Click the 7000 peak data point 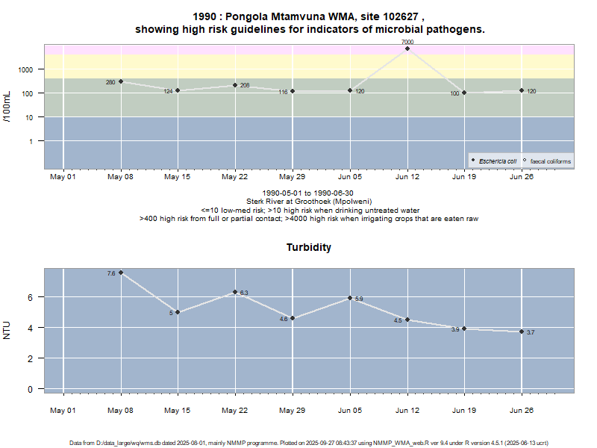407,49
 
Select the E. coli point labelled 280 121,81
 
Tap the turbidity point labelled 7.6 121,273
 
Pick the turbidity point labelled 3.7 522,332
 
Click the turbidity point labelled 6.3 235,292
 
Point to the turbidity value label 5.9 359,299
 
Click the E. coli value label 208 245,86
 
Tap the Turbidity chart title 309,247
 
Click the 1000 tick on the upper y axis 26,69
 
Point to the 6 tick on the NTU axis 31,297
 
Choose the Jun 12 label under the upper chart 407,177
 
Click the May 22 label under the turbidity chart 235,410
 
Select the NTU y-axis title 7,329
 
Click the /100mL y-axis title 7,105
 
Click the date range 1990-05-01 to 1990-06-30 309,193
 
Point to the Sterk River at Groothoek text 309,202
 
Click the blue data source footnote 309,443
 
